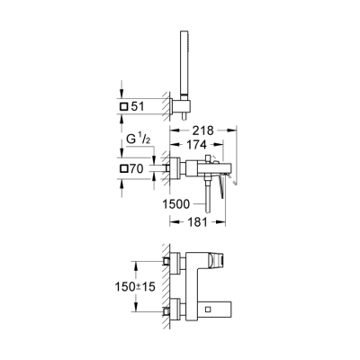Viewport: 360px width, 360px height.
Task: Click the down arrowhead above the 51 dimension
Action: click(118, 97)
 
